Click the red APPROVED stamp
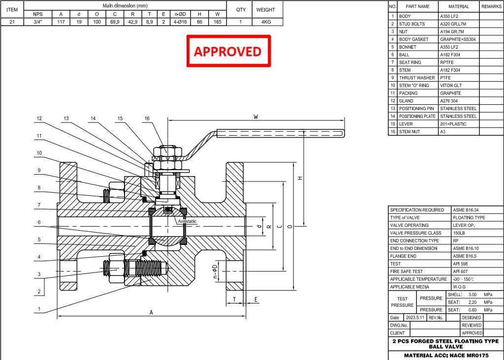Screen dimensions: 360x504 (228, 51)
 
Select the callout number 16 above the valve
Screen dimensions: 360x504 (147, 119)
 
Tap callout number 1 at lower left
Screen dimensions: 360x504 (39, 309)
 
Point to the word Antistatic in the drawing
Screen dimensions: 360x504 (187, 221)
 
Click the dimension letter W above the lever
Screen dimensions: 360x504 (255, 117)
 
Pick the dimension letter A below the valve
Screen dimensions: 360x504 (151, 312)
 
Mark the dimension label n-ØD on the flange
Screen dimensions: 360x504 (215, 272)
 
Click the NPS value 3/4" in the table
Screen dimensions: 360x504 (38, 22)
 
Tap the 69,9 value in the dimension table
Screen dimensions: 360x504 (115, 22)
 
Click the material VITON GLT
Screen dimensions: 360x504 (450, 86)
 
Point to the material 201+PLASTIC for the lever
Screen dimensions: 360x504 (453, 124)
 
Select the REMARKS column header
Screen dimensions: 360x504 (491, 6)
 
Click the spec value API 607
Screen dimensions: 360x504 (461, 271)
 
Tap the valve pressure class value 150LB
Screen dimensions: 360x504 (459, 233)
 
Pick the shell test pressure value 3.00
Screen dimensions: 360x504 (472, 295)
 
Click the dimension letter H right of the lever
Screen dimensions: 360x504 (300, 178)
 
